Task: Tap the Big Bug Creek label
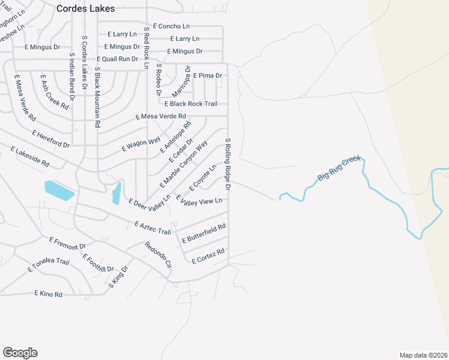(340, 168)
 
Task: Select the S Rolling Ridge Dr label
(228, 165)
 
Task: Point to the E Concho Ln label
(171, 26)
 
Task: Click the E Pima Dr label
(208, 76)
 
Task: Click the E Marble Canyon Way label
(183, 163)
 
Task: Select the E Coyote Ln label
(202, 178)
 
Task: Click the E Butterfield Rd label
(204, 233)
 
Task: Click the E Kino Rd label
(49, 294)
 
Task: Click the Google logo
(20, 353)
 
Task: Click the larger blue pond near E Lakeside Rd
(59, 190)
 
